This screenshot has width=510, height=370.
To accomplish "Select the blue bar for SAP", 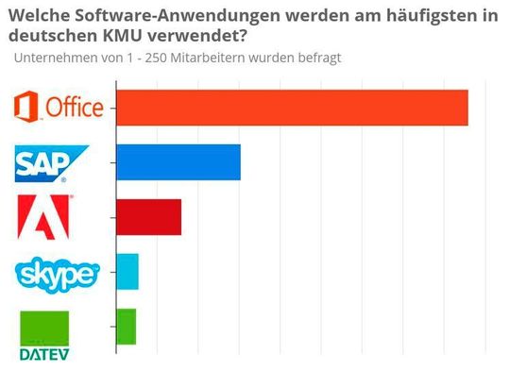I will click(177, 162).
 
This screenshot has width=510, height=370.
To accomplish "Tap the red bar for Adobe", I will click(147, 217).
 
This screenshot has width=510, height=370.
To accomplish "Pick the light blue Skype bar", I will click(127, 272).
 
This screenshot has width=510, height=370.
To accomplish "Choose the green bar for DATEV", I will click(125, 327).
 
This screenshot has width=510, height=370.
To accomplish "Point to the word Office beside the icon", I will click(74, 108).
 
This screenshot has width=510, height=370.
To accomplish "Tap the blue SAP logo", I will click(52, 163).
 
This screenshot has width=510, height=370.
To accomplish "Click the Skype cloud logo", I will click(58, 274).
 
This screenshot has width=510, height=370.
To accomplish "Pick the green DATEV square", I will click(44, 328).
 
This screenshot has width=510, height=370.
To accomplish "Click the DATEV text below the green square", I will click(44, 355).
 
